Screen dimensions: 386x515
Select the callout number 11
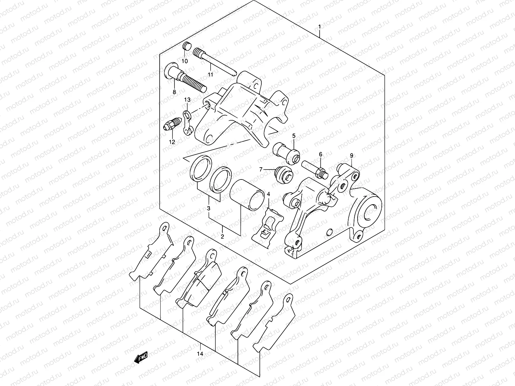(211, 75)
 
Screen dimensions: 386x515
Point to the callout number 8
(174, 92)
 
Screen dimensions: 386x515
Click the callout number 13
(187, 100)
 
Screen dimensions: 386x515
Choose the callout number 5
(294, 136)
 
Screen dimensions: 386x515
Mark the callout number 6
(320, 154)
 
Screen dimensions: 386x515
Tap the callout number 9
(351, 156)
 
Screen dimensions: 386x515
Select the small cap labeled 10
(186, 46)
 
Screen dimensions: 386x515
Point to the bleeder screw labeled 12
(173, 125)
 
